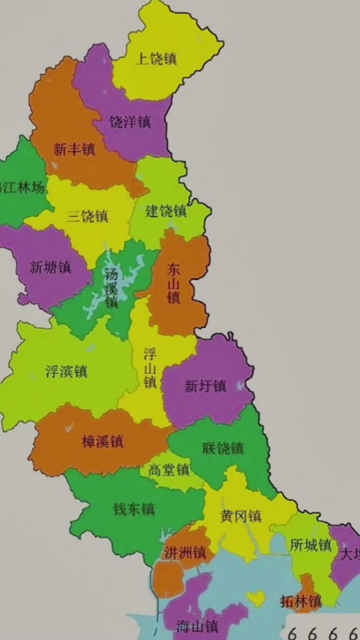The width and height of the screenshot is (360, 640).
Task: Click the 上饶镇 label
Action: [x=156, y=59]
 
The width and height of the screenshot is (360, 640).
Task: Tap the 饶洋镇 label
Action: [x=131, y=123]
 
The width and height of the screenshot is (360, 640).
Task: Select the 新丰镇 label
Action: [x=74, y=149]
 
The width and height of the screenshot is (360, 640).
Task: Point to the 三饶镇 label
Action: [x=88, y=216]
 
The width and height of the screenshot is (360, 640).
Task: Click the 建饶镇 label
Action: [x=167, y=211]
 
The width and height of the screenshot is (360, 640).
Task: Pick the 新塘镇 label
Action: [x=51, y=267]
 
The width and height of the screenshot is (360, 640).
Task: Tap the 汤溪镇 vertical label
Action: [x=111, y=287]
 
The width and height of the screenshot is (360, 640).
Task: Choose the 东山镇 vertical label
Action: [x=174, y=284]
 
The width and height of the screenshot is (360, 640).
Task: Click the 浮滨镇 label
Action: [x=67, y=371]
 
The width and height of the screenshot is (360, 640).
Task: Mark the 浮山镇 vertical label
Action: [x=150, y=367]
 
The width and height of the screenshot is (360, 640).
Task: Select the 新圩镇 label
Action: [x=205, y=386]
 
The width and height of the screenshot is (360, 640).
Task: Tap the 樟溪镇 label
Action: [x=102, y=441]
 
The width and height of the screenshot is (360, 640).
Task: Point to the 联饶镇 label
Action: [x=223, y=448]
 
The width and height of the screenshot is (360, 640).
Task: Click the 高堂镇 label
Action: [x=169, y=470]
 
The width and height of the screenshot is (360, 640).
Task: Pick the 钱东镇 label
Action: [x=134, y=509]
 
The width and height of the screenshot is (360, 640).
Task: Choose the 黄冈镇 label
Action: [x=241, y=516]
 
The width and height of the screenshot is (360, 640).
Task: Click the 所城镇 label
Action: [x=311, y=545]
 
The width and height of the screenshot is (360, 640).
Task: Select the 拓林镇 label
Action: [x=301, y=601]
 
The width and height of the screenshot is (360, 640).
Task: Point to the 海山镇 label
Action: [x=198, y=626]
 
